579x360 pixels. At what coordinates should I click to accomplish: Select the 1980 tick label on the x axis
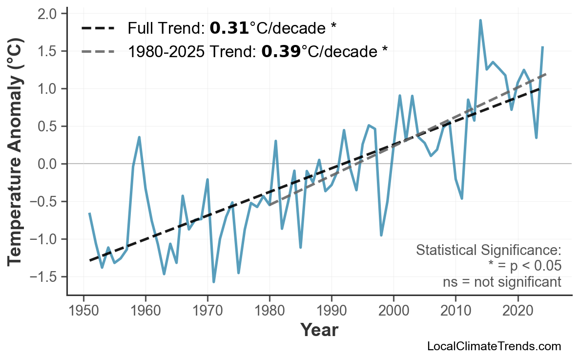269,311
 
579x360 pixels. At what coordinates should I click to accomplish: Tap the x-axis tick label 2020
517,311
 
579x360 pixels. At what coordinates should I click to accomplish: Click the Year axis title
319,330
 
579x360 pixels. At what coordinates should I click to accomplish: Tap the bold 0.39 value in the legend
281,51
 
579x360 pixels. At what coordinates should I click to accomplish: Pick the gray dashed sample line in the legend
98,51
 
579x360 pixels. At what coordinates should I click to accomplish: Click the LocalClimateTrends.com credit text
494,346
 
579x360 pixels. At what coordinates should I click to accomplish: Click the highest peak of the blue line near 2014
480,21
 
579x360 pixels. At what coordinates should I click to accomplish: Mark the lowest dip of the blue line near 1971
214,282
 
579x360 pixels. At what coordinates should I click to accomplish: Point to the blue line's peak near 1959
139,137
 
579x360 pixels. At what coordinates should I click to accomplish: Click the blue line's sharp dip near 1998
381,235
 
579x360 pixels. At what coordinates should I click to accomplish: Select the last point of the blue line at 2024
542,47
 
